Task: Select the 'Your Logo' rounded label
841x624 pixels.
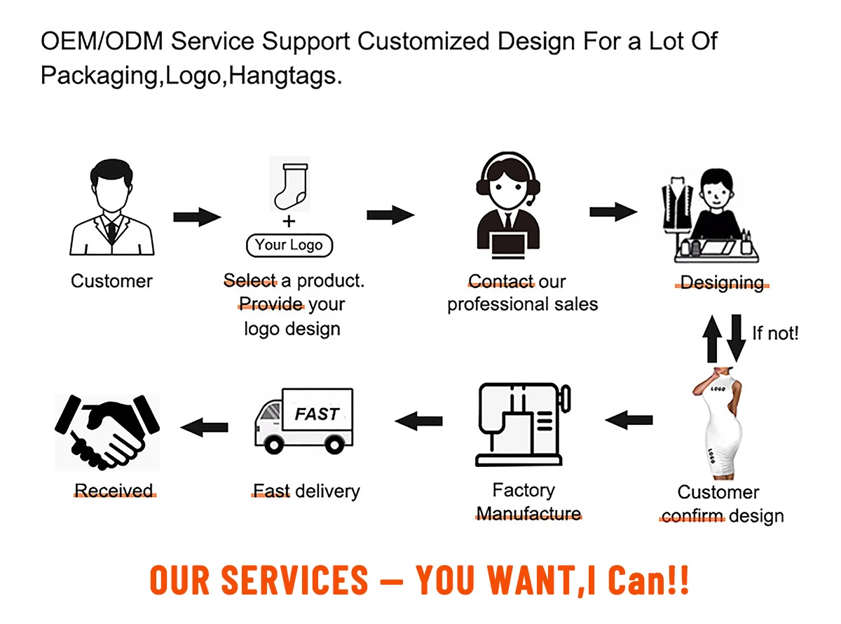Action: click(x=289, y=245)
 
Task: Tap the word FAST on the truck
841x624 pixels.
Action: click(x=317, y=414)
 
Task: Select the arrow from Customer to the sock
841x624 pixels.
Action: click(x=197, y=217)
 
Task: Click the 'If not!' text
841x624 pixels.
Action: click(x=775, y=333)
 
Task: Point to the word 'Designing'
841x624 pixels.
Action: click(x=722, y=283)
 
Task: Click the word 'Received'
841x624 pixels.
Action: click(x=114, y=491)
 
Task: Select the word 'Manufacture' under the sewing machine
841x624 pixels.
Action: click(x=528, y=514)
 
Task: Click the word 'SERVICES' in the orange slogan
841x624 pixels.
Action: click(x=294, y=580)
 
